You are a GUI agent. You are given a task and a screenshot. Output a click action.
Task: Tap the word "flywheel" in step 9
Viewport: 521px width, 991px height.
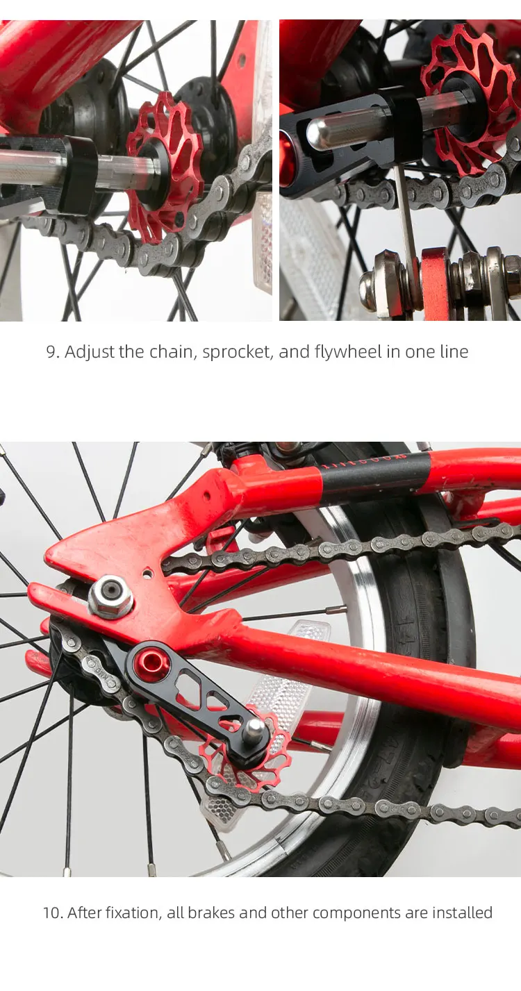click(x=348, y=352)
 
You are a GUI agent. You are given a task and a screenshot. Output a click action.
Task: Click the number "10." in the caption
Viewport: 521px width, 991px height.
click(x=53, y=913)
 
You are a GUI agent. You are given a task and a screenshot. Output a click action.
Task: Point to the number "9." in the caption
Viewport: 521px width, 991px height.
click(x=53, y=352)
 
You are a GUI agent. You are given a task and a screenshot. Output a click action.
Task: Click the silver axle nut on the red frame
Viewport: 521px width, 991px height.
click(x=110, y=597)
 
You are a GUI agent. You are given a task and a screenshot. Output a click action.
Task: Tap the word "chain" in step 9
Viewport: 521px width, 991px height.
click(x=173, y=352)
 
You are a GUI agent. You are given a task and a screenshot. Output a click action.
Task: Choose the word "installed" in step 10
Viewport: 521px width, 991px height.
click(x=462, y=913)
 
